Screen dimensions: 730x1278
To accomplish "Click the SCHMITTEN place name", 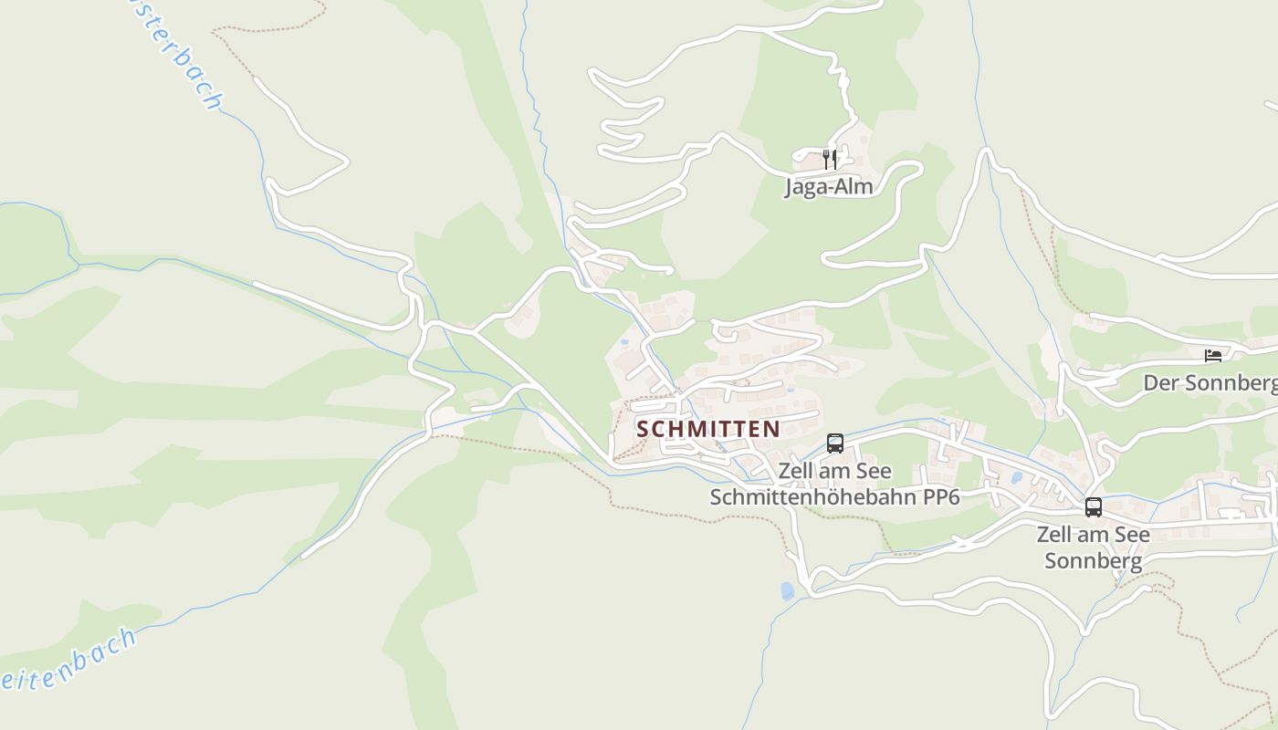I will pyautogui.click(x=708, y=429).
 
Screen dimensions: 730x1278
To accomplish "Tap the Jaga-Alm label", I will pyautogui.click(x=829, y=187).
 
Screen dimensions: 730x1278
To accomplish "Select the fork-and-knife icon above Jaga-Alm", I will pyautogui.click(x=830, y=160).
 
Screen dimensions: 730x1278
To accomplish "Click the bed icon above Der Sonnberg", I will pyautogui.click(x=1212, y=357).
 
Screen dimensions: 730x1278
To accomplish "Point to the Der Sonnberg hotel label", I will pyautogui.click(x=1210, y=383).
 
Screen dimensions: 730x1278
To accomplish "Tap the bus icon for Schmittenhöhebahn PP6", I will pyautogui.click(x=835, y=443).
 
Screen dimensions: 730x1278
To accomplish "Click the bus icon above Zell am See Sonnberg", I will pyautogui.click(x=1094, y=507).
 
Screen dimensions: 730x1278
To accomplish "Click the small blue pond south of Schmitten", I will pyautogui.click(x=787, y=591).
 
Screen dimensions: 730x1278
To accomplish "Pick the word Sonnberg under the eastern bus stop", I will pyautogui.click(x=1093, y=560).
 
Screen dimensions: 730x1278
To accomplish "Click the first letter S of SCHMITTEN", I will pyautogui.click(x=643, y=429).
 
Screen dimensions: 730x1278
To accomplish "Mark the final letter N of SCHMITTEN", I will pyautogui.click(x=773, y=429).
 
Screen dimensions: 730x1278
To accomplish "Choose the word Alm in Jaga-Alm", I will pyautogui.click(x=855, y=187).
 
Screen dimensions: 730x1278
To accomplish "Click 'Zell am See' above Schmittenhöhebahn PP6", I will pyautogui.click(x=834, y=472).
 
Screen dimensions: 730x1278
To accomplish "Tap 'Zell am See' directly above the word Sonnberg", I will pyautogui.click(x=1093, y=534).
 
